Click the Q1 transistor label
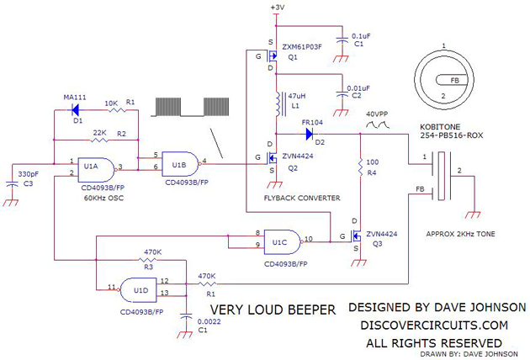(x=294, y=58)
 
